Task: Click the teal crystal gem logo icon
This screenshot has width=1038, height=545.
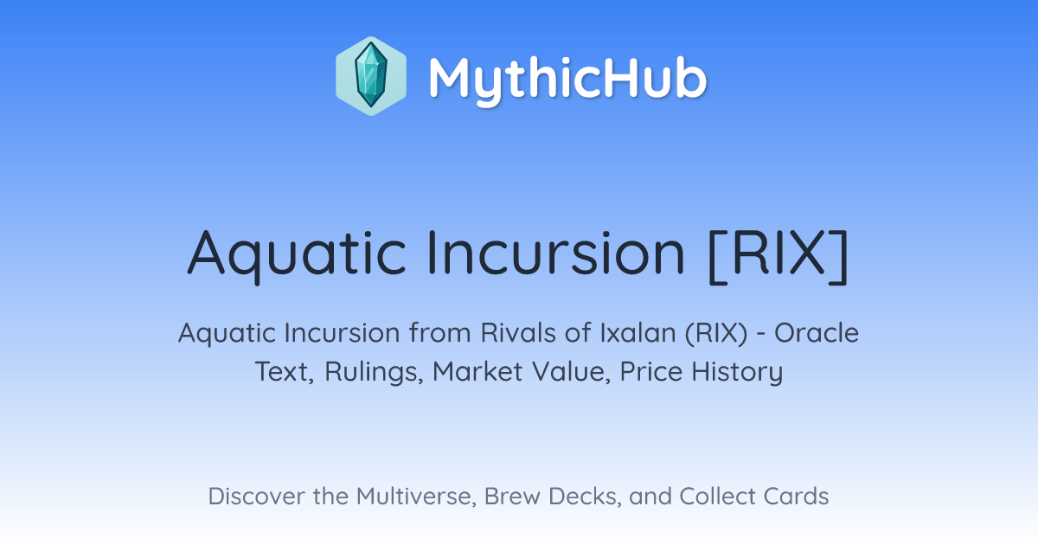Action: pyautogui.click(x=371, y=76)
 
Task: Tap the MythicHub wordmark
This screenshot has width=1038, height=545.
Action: pyautogui.click(x=567, y=80)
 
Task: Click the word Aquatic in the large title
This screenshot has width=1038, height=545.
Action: pyautogui.click(x=297, y=255)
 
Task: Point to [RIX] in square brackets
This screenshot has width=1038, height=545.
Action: pyautogui.click(x=778, y=256)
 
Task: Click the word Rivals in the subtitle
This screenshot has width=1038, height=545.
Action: pyautogui.click(x=518, y=333)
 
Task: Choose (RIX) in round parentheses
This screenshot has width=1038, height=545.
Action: pyautogui.click(x=716, y=334)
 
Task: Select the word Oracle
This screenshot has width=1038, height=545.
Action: pyautogui.click(x=817, y=333)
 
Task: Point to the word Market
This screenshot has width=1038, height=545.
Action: pyautogui.click(x=477, y=371)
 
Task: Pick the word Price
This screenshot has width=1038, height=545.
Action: pyautogui.click(x=651, y=371)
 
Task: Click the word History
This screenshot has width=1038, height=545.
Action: pyautogui.click(x=737, y=373)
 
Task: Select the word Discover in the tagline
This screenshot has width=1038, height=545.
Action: pyautogui.click(x=256, y=496)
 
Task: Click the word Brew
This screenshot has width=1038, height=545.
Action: pyautogui.click(x=512, y=496)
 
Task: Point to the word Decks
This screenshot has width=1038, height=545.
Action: pyautogui.click(x=585, y=497)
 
